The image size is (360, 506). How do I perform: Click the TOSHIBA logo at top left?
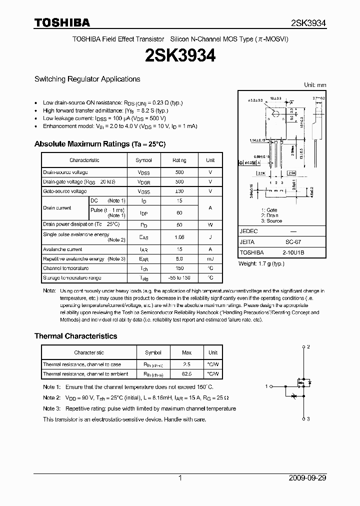(x=62, y=22)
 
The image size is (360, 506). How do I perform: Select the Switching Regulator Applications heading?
(x=87, y=79)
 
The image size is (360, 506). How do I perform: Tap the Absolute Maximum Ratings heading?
(x=99, y=144)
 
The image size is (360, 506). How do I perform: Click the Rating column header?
(x=179, y=160)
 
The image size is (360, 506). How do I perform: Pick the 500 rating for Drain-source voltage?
(x=179, y=172)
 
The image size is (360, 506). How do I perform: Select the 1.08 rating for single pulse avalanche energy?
(x=179, y=237)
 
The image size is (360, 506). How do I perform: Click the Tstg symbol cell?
(x=143, y=278)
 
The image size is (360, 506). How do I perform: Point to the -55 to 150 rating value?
(x=179, y=277)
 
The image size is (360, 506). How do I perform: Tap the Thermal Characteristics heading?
(x=75, y=336)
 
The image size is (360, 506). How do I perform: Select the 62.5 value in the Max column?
(x=186, y=373)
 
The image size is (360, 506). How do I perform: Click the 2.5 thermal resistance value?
(x=186, y=364)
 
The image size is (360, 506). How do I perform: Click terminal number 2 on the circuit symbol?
(x=308, y=346)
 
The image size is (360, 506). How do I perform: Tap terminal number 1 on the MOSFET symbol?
(x=267, y=386)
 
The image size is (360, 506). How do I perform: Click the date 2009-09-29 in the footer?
(x=307, y=478)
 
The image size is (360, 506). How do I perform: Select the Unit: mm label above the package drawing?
(x=315, y=85)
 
